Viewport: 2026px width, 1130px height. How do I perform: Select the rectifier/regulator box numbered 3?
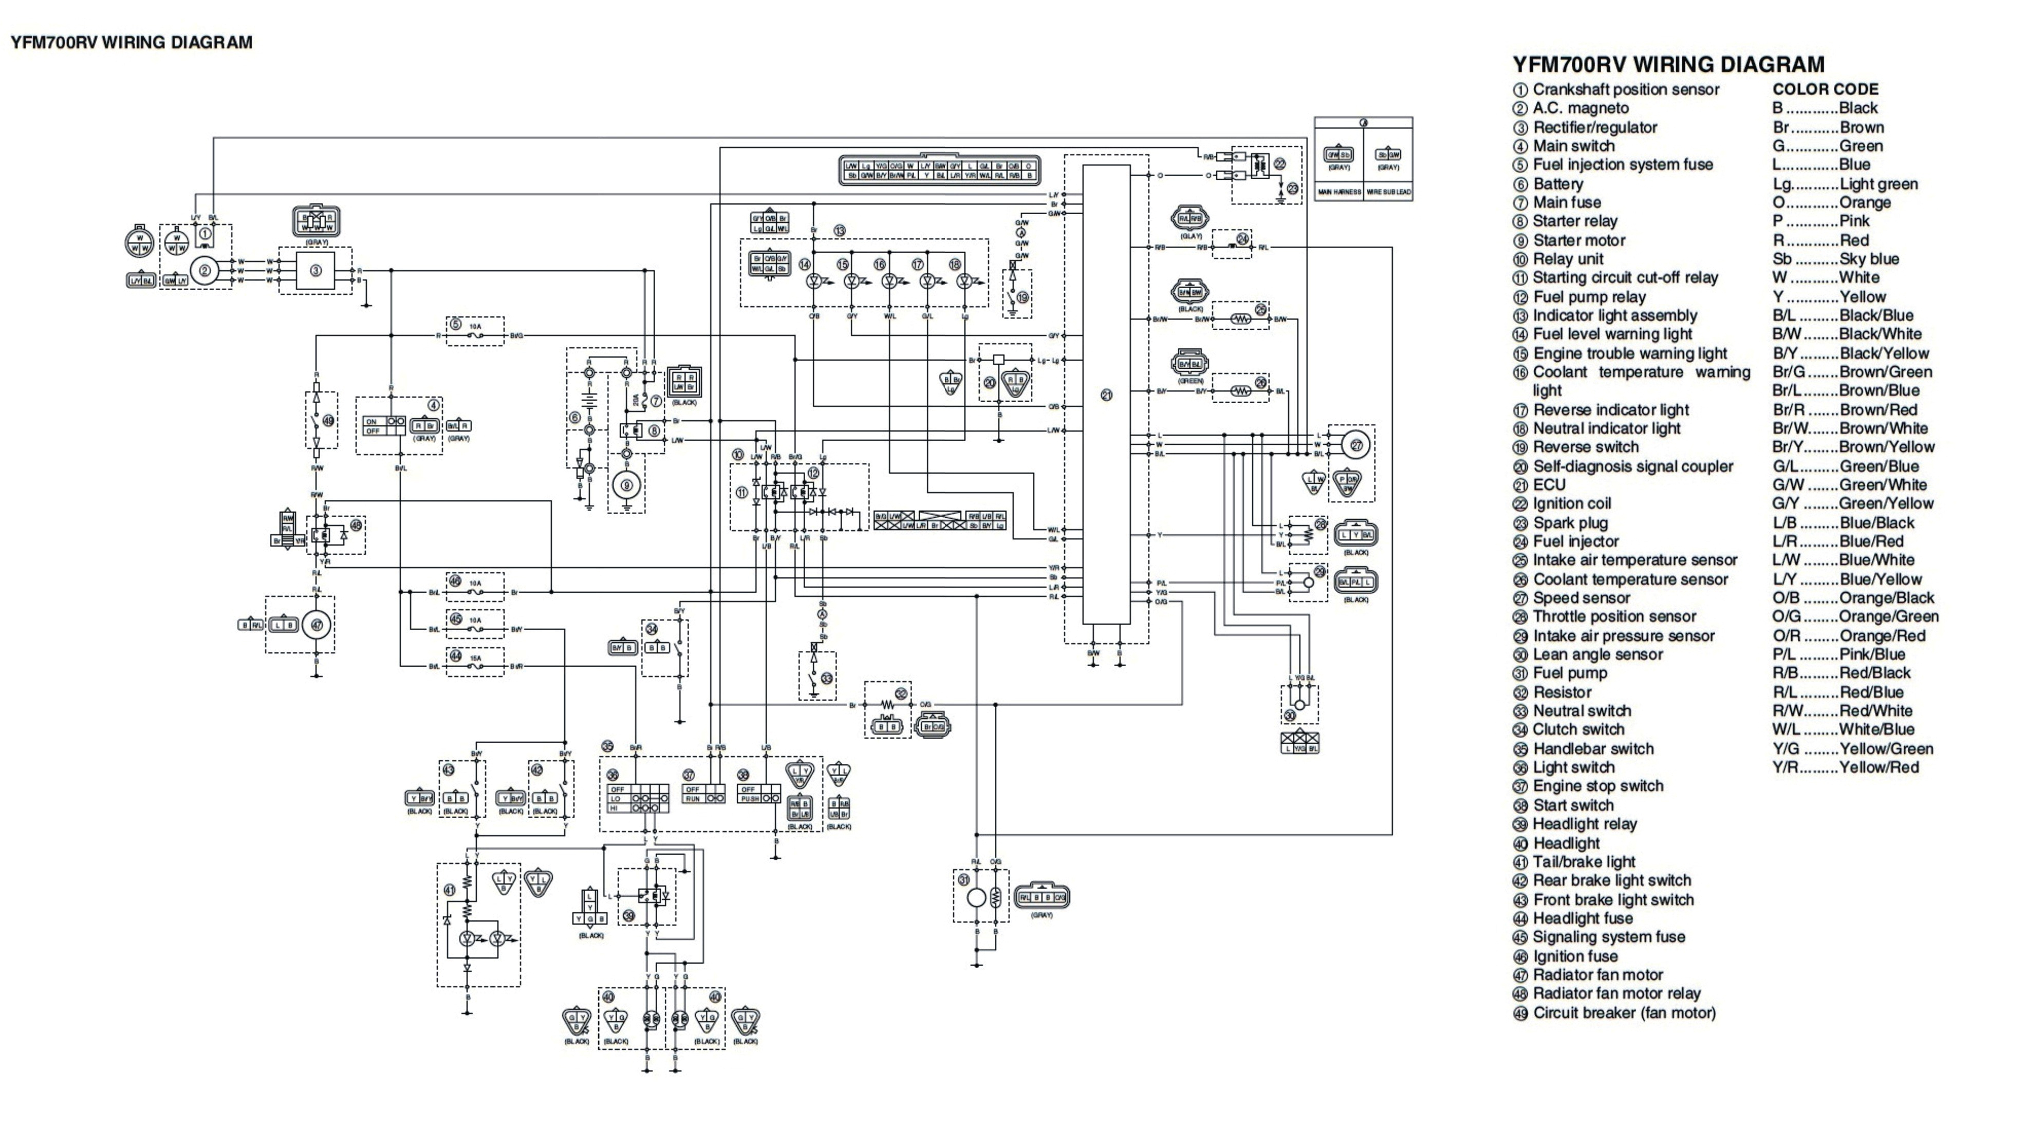coord(315,271)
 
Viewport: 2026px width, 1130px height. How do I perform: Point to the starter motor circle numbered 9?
coord(627,486)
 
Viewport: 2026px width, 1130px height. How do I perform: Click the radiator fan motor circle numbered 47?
coord(316,625)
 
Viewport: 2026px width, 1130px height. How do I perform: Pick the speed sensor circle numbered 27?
coord(1356,445)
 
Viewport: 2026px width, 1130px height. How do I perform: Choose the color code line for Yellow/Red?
coord(1845,767)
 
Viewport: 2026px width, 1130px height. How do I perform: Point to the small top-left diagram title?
coord(132,43)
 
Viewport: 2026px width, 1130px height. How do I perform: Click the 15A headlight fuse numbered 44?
coord(475,666)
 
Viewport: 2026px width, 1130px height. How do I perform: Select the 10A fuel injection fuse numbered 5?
coord(475,335)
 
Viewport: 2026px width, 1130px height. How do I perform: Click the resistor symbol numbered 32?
coord(888,705)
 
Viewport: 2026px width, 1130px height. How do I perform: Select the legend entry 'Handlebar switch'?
coord(1593,748)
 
